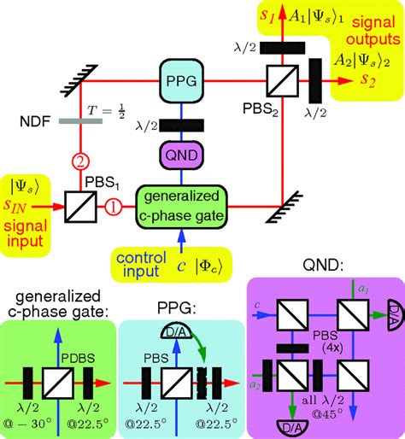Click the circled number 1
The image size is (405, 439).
[112, 207]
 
